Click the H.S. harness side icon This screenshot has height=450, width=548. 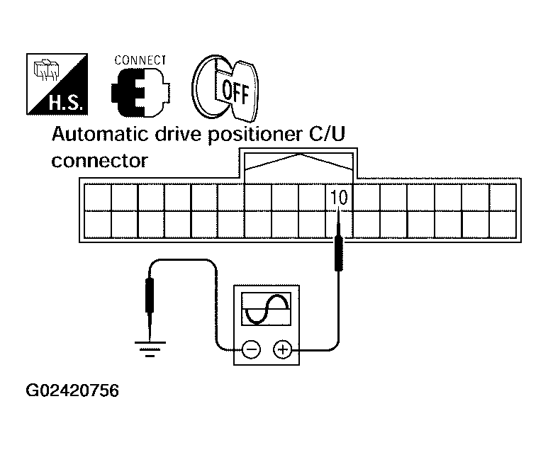click(57, 84)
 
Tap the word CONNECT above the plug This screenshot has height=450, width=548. click(140, 60)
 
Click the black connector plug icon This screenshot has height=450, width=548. click(140, 93)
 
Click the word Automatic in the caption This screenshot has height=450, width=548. click(100, 135)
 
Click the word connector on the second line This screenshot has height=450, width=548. click(100, 161)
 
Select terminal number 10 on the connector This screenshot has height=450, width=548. click(339, 198)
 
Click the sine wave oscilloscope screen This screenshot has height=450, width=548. click(267, 309)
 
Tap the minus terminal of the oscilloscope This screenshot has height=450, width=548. click(251, 349)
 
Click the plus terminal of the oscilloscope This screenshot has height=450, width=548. click(282, 349)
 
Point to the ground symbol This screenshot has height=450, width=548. click(150, 349)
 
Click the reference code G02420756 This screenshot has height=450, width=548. click(73, 390)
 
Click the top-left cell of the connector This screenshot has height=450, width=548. click(98, 198)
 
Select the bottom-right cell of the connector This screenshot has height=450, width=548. click(503, 225)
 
